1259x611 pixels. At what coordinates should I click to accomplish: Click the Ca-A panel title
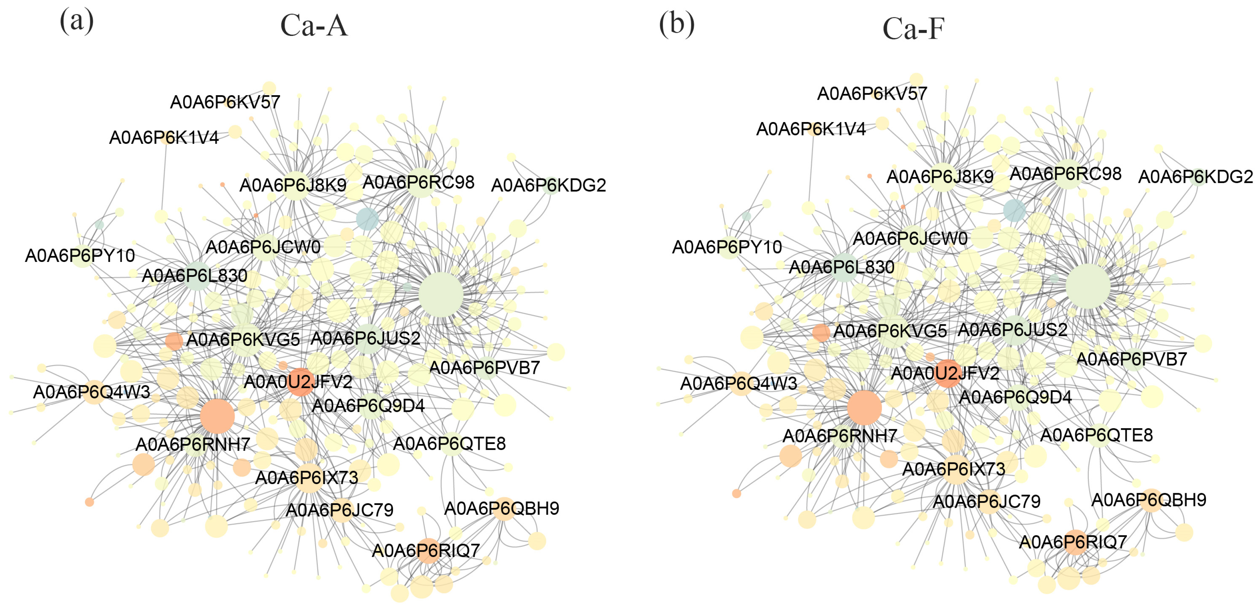(x=314, y=26)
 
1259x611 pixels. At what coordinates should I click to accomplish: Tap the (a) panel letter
(x=76, y=22)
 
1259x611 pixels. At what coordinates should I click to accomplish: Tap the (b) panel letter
(x=677, y=24)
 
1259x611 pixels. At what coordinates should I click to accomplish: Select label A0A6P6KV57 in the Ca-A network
(x=225, y=102)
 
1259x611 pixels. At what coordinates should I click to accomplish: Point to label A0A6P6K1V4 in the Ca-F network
(x=811, y=129)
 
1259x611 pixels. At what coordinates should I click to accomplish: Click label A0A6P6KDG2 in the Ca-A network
(x=548, y=185)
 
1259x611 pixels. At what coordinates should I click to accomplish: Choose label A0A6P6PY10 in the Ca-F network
(x=727, y=247)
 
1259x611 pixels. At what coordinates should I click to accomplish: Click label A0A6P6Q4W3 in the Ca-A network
(x=91, y=392)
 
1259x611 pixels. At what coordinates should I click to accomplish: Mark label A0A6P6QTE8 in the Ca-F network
(x=1096, y=435)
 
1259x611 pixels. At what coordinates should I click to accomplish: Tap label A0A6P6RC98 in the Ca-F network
(x=1065, y=174)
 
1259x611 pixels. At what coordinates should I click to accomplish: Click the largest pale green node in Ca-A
(x=440, y=295)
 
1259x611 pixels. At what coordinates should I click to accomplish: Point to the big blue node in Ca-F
(x=1015, y=210)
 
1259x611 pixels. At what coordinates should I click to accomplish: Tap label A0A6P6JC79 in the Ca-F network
(x=986, y=501)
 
